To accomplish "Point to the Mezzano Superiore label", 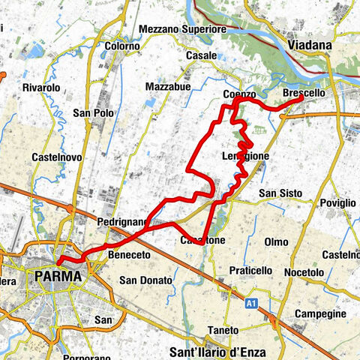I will click(x=183, y=29).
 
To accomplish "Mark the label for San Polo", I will click(x=93, y=113).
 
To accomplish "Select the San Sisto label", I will click(x=280, y=193).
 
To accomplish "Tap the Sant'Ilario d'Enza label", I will click(x=218, y=351).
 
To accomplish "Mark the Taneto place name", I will click(x=223, y=330).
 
